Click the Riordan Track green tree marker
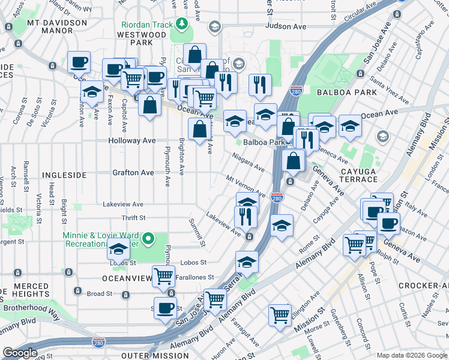(181, 24)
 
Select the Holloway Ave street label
(131, 140)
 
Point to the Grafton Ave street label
(133, 172)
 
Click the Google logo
(19, 353)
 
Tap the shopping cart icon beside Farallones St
(163, 275)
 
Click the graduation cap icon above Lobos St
(118, 247)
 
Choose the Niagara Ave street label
(249, 162)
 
